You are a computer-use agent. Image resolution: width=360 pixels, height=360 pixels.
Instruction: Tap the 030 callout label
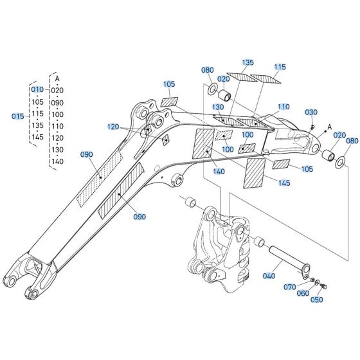tap(311, 113)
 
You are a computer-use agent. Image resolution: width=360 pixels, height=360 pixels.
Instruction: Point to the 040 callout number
tap(268, 275)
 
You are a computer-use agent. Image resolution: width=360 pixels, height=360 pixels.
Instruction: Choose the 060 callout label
tap(302, 293)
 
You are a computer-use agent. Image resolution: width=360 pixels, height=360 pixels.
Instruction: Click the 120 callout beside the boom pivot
tap(113, 127)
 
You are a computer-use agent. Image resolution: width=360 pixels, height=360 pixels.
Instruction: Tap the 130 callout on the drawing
tap(218, 107)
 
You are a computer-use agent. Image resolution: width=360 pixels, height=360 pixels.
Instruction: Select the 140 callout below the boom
tap(218, 172)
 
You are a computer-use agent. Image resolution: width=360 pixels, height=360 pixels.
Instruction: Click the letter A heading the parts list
tap(57, 78)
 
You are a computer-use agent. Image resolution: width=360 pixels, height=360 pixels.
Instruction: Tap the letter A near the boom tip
tap(330, 127)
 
